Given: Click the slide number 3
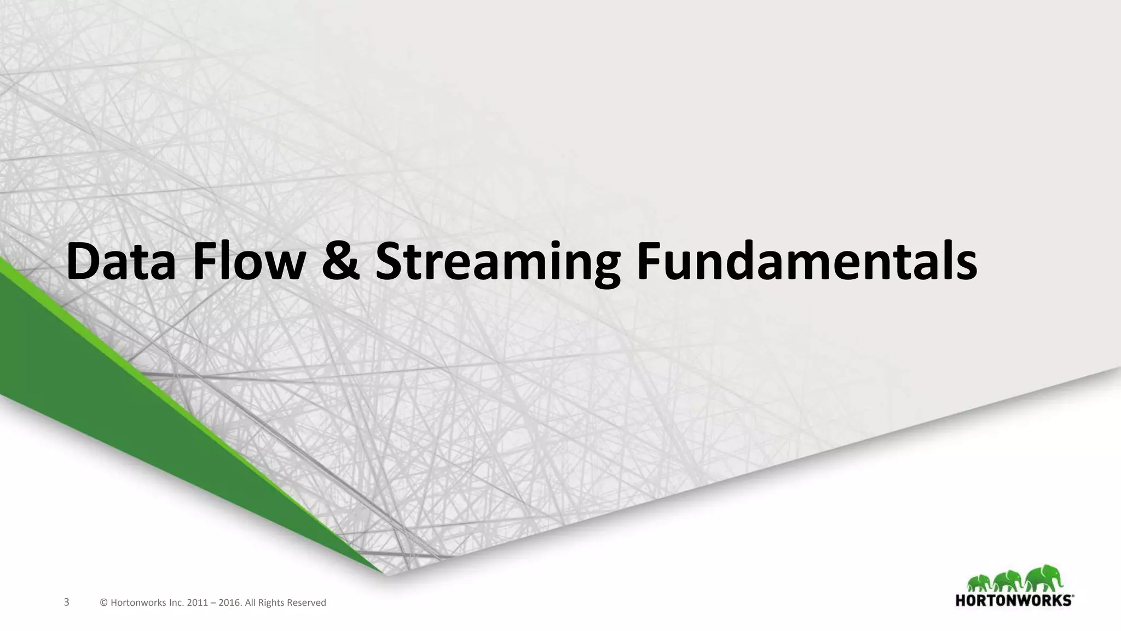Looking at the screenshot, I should tap(67, 603).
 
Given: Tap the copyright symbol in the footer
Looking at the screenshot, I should tap(104, 603).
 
